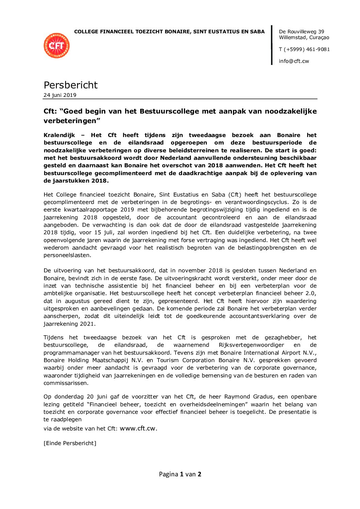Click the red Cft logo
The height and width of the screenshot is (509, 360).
tap(56, 46)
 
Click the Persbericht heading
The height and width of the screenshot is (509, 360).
tap(70, 85)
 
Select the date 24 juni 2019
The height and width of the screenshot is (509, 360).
tap(60, 95)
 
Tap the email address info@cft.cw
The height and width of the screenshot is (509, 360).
tap(294, 61)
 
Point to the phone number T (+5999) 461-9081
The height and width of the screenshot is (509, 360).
tap(304, 49)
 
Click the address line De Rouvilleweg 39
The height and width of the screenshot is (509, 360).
tap(301, 32)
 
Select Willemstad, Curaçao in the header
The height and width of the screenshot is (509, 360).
tap(304, 37)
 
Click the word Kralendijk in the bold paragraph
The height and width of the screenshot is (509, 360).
tap(59, 135)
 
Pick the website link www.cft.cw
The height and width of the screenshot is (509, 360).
tap(138, 428)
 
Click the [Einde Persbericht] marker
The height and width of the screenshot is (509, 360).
tap(70, 443)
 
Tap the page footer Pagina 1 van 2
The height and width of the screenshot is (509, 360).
tap(180, 474)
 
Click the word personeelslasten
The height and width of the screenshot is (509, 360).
tap(67, 255)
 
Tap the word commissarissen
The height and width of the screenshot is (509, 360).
tap(66, 383)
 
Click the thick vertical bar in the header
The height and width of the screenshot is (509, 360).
tap(272, 45)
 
